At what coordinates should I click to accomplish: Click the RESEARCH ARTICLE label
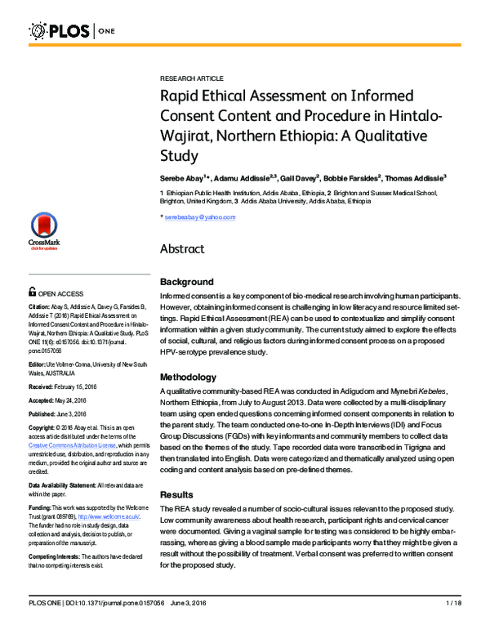191,78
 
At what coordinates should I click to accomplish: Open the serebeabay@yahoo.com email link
200,217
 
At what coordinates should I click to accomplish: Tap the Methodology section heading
189,377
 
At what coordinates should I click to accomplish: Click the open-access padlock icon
32,291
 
